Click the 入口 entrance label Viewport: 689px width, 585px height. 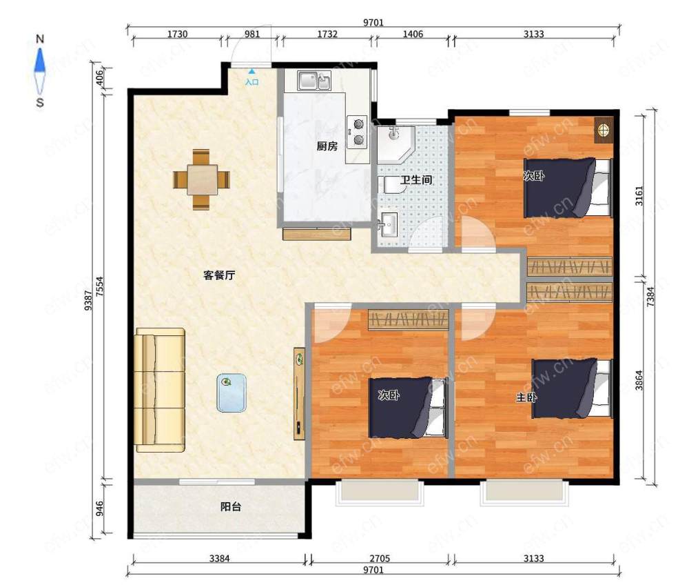tap(251, 82)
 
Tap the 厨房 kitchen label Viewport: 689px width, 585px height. tap(327, 146)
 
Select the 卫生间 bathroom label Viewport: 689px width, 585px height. tap(416, 179)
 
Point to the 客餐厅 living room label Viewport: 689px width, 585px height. tap(219, 275)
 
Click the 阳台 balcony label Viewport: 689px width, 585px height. tap(231, 507)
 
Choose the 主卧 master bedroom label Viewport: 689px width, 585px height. tap(526, 397)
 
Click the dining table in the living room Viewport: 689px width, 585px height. tap(202, 179)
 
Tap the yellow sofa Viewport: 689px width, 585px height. tap(160, 390)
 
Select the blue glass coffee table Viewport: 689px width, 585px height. tap(231, 393)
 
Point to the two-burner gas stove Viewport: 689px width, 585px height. tap(357, 132)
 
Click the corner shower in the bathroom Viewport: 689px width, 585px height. tap(395, 145)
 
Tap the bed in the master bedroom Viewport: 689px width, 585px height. tap(572, 389)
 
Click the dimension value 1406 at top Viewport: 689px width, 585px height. tap(413, 34)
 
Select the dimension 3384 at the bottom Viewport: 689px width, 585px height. tap(219, 558)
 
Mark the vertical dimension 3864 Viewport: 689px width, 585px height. tap(639, 380)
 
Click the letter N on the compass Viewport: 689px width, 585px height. tap(40, 39)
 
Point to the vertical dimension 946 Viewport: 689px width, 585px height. tap(100, 508)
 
